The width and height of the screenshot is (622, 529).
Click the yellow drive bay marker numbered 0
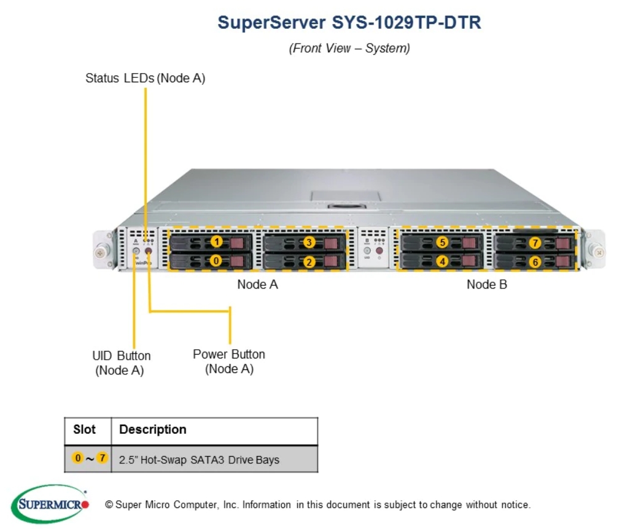pyautogui.click(x=216, y=260)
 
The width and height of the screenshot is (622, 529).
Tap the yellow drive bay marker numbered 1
pyautogui.click(x=217, y=242)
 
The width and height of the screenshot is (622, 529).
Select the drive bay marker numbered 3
pyautogui.click(x=309, y=242)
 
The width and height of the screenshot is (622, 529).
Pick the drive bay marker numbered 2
pyautogui.click(x=309, y=261)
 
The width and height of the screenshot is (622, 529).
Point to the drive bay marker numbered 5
pyautogui.click(x=442, y=242)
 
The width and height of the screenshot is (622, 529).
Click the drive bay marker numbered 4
pyautogui.click(x=442, y=261)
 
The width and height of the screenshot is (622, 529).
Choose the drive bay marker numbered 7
pyautogui.click(x=535, y=243)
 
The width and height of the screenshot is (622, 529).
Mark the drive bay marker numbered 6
pyautogui.click(x=535, y=262)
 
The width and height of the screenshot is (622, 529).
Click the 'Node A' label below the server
pyautogui.click(x=257, y=284)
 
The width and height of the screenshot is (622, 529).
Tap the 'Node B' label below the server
pyautogui.click(x=487, y=284)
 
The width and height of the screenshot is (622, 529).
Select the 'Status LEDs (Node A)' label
pyautogui.click(x=145, y=79)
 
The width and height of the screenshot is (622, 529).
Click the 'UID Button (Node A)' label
pyautogui.click(x=121, y=363)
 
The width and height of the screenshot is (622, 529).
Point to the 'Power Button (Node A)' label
pyautogui.click(x=229, y=361)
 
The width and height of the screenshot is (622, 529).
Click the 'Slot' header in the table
pyautogui.click(x=85, y=429)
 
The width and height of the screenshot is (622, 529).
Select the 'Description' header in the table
pyautogui.click(x=152, y=429)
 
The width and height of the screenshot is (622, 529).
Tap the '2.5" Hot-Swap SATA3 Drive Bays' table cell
pyautogui.click(x=199, y=460)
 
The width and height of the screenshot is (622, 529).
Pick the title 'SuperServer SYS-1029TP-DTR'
pyautogui.click(x=349, y=23)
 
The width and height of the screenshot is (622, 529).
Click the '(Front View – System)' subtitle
pyautogui.click(x=349, y=48)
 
